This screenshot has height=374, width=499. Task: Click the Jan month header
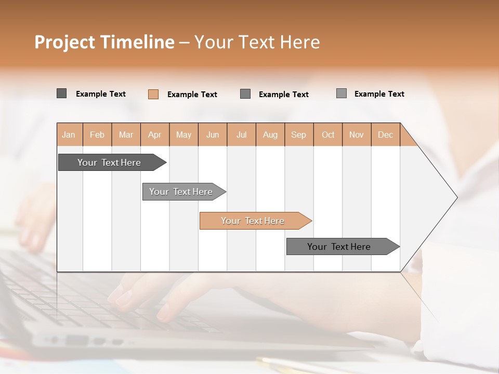click(69, 135)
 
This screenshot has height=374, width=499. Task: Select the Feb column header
click(97, 135)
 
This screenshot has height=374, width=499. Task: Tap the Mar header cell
click(126, 135)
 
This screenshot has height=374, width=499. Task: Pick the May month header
click(183, 135)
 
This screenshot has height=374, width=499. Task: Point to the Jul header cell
click(241, 135)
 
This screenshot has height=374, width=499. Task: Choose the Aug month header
click(270, 135)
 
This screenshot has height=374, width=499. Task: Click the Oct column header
click(328, 135)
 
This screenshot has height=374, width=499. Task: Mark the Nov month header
click(357, 135)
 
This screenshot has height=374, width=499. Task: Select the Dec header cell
click(385, 135)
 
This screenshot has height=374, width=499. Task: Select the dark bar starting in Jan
click(110, 163)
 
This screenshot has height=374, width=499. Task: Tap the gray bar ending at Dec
click(339, 247)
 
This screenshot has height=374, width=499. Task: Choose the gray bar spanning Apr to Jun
click(181, 192)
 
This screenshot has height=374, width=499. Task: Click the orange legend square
click(153, 94)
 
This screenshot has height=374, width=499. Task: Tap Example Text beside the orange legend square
click(192, 95)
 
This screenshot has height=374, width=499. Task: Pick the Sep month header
click(298, 135)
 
